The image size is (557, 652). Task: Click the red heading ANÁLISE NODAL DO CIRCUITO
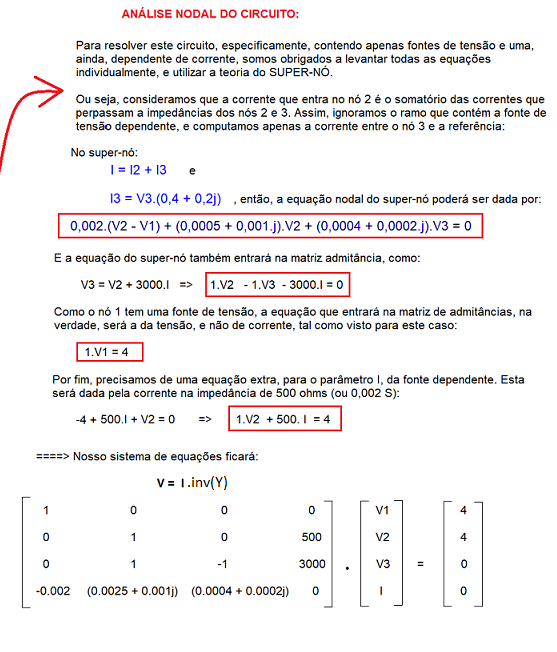(209, 15)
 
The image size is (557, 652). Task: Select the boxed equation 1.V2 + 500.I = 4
(286, 421)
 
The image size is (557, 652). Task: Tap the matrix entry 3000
(312, 564)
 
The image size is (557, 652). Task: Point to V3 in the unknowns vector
(383, 564)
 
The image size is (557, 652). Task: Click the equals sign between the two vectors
(422, 564)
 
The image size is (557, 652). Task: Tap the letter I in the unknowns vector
(383, 591)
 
